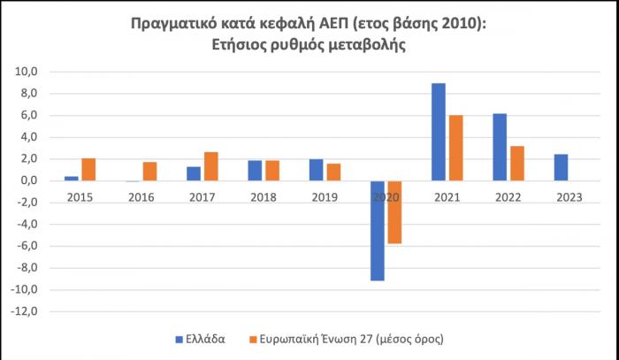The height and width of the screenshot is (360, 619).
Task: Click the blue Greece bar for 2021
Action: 438,132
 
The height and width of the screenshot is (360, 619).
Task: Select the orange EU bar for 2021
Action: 455,148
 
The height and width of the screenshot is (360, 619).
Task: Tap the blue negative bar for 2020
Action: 377,230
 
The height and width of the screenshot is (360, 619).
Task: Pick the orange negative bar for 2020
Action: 394,211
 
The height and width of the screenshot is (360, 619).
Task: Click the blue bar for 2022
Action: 500,147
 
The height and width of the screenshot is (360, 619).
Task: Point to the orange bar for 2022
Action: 517,163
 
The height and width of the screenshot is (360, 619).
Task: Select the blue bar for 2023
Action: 561,167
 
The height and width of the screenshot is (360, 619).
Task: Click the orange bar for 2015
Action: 88,169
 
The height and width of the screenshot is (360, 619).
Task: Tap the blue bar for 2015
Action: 72,178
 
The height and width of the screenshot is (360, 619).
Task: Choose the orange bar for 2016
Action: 149,171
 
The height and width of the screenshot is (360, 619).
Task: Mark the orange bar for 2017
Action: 210,166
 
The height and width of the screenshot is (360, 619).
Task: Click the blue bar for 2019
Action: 316,170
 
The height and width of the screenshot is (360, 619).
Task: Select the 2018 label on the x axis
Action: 263,196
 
